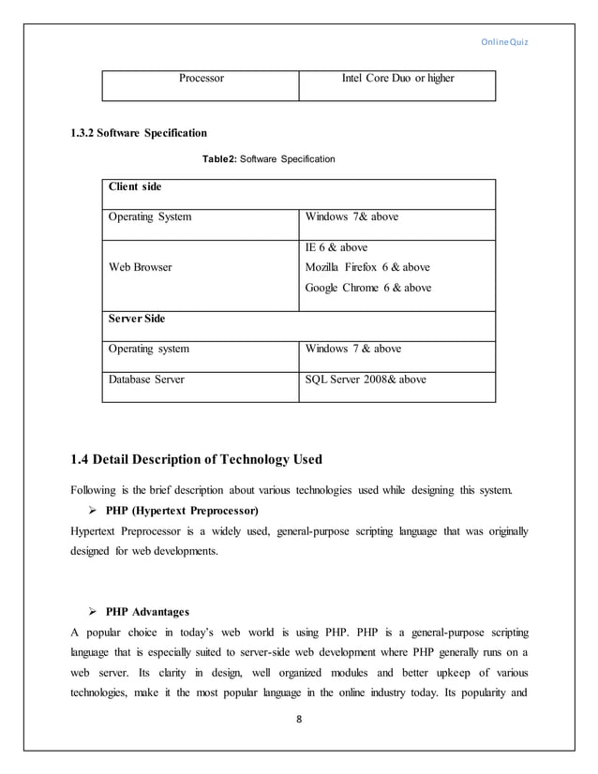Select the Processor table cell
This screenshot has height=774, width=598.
(x=202, y=79)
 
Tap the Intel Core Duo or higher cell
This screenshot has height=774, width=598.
(x=397, y=79)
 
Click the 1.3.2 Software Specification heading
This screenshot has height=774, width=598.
(x=140, y=132)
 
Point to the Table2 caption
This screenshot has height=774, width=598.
(x=269, y=160)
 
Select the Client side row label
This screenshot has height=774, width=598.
(x=135, y=187)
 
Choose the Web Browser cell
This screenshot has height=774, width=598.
(x=141, y=268)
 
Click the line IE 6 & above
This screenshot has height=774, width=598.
(x=336, y=248)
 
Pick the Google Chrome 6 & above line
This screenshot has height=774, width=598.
(x=368, y=288)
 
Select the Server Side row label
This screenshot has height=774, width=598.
(x=137, y=320)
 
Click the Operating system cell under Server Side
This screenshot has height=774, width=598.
(x=149, y=350)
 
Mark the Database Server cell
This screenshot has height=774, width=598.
(x=147, y=380)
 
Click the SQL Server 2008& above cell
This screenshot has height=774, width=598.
(x=366, y=380)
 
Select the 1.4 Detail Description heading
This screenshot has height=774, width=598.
(x=197, y=459)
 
